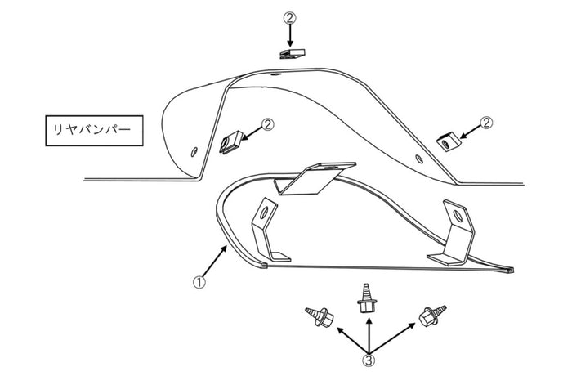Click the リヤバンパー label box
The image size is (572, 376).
pyautogui.click(x=94, y=131)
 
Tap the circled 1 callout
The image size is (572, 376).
pyautogui.click(x=199, y=282)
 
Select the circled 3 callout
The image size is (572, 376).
pyautogui.click(x=369, y=360)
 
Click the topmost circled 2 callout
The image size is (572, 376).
pyautogui.click(x=290, y=17)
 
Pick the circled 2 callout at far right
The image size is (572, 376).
pyautogui.click(x=487, y=123)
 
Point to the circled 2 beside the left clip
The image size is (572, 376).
pyautogui.click(x=267, y=124)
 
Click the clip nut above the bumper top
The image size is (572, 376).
pyautogui.click(x=293, y=54)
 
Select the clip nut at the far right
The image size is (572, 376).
pyautogui.click(x=449, y=141)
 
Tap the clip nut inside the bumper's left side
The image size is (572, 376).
pyautogui.click(x=231, y=142)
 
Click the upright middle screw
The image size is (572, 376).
pyautogui.click(x=366, y=298)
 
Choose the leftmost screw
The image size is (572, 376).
pyautogui.click(x=320, y=316)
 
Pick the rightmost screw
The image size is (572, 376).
pyautogui.click(x=432, y=316)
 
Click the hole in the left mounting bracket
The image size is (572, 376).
pyautogui.click(x=265, y=212)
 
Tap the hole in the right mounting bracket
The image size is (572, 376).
pyautogui.click(x=458, y=216)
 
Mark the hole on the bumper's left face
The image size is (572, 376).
pyautogui.click(x=194, y=151)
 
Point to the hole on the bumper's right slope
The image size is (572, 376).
pyautogui.click(x=419, y=159)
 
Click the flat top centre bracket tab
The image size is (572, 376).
pyautogui.click(x=318, y=178)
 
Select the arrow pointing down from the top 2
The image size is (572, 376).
pyautogui.click(x=290, y=36)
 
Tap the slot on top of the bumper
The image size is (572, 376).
pyautogui.click(x=276, y=74)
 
